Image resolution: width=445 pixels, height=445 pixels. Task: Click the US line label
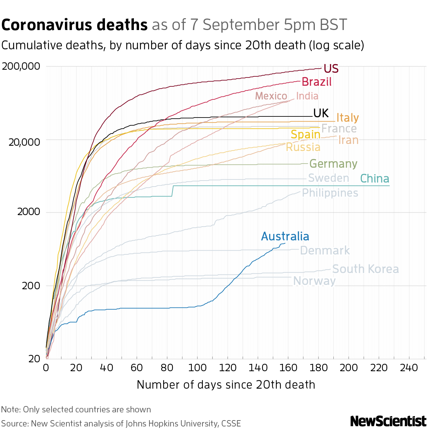click(331, 69)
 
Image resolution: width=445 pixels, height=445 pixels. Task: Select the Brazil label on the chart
click(316, 82)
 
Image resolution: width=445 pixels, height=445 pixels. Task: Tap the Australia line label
click(285, 236)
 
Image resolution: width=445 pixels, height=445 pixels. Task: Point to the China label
click(375, 179)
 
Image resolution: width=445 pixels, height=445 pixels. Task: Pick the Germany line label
click(333, 164)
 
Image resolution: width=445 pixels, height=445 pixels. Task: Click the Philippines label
click(330, 193)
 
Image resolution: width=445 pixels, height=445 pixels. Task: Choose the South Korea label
click(365, 269)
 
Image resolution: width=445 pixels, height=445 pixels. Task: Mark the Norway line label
click(314, 281)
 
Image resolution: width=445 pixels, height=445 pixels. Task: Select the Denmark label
click(324, 251)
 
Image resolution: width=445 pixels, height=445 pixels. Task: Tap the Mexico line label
click(271, 96)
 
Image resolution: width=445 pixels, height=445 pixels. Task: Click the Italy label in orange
click(347, 118)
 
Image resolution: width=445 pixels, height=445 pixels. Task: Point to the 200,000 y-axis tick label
click(21, 67)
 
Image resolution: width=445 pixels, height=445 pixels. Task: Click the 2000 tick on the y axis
click(28, 212)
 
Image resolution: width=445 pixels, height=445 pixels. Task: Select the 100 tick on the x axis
click(197, 367)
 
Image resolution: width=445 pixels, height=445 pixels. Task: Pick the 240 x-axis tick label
click(409, 367)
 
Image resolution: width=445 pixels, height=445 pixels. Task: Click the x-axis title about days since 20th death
click(226, 385)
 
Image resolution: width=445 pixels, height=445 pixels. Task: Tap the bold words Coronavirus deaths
click(75, 25)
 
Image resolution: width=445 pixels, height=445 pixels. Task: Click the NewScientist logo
click(388, 421)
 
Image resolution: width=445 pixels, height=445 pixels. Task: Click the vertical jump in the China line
click(173, 191)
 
